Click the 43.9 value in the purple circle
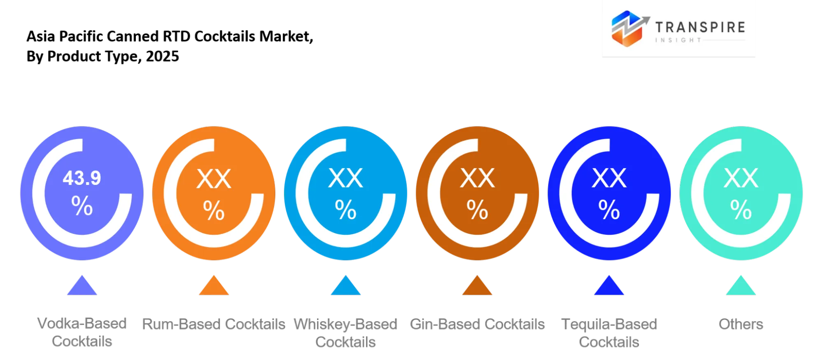tap(82, 178)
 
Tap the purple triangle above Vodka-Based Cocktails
tap(82, 285)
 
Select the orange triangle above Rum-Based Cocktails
tap(214, 285)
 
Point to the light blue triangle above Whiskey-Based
tap(346, 285)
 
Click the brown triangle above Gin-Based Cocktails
tap(477, 285)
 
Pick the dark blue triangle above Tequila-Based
tap(609, 285)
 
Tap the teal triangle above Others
tap(741, 285)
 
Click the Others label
tap(741, 324)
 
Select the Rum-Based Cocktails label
tap(214, 324)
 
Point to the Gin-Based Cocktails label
tap(477, 324)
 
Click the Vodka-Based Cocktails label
tap(82, 332)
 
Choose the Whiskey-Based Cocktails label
tap(346, 333)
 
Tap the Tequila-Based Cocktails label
tap(609, 333)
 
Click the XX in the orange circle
tap(214, 179)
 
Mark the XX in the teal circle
tap(741, 178)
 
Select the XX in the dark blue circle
tap(609, 178)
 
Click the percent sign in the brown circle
tap(478, 209)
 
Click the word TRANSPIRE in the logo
tap(700, 27)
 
